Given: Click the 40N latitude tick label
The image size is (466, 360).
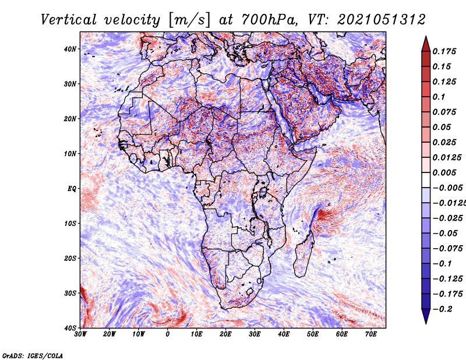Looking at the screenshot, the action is pos(70,49).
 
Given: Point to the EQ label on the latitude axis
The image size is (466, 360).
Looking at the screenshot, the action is pos(72,189).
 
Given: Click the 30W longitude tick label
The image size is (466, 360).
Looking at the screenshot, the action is pos(80,334).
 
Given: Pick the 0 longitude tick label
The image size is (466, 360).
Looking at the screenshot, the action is pos(168,334).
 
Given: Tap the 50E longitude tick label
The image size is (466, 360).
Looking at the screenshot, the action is pos(313,334).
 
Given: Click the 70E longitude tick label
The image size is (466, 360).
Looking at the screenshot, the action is pos(370,334).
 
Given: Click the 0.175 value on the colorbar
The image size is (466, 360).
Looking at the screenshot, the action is pos(444,51).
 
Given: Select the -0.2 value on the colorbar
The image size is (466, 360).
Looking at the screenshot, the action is pos(442,309).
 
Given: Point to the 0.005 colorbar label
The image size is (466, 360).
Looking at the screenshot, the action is pos(444,172).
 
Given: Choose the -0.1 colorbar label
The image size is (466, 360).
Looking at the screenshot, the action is pos(442,264).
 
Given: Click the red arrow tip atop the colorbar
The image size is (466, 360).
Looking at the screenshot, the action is pos(426,37).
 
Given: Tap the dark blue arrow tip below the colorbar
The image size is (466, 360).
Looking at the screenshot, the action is pos(426,323).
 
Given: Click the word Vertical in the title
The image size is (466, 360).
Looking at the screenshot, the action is pos(69,20).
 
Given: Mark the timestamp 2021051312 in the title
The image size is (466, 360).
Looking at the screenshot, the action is pos(382,20).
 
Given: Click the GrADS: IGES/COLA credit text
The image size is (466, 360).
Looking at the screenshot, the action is pos(33,355).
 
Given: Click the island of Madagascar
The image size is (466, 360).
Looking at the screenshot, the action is pos(303,256).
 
